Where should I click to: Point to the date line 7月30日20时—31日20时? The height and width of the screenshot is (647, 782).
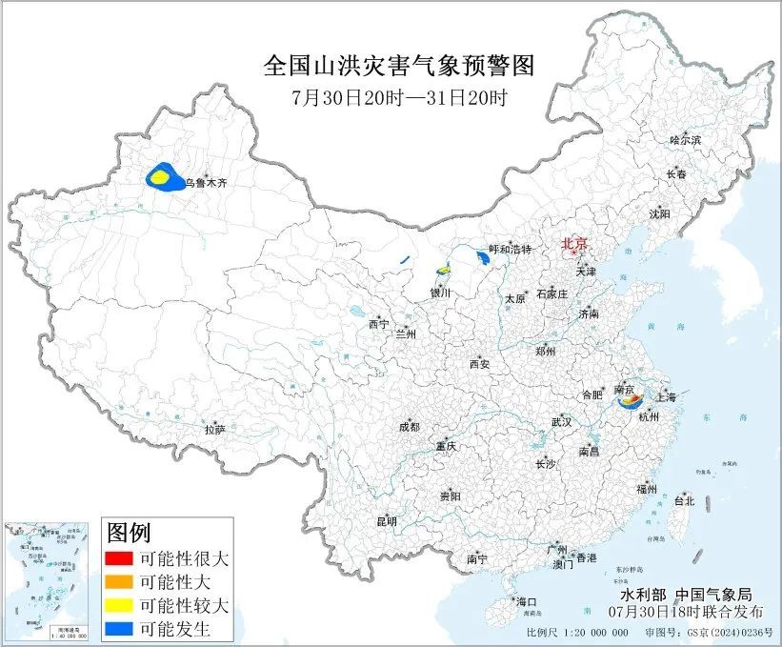pos(399,97)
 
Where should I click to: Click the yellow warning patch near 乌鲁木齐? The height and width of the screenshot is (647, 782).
pos(161,176)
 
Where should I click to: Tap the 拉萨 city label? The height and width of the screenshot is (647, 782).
pos(214,430)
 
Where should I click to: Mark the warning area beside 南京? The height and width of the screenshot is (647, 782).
pos(630,403)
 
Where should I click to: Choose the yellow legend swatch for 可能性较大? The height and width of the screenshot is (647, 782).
pos(118,604)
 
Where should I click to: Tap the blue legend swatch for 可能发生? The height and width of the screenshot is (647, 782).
pos(118,628)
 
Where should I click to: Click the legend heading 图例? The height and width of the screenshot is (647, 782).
pos(128,532)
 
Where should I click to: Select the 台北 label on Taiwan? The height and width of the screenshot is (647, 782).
pos(684,500)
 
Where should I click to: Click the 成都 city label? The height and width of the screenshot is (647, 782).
pos(409,427)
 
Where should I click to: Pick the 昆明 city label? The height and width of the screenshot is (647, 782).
pos(387,521)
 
